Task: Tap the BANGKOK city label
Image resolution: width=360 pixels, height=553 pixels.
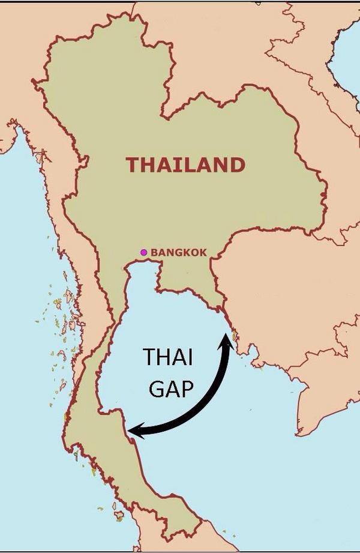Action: click(x=178, y=253)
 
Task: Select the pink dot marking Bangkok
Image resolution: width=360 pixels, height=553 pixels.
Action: click(x=143, y=252)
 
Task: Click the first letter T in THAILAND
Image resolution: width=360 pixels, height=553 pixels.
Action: click(x=132, y=165)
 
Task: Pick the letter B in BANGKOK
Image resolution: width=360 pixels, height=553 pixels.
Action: click(x=154, y=253)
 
